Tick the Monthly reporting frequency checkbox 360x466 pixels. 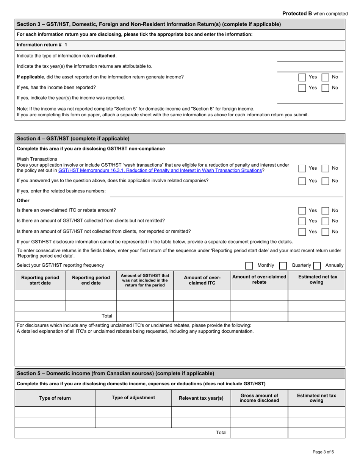click(x=249, y=266)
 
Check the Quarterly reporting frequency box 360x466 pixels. click(x=283, y=266)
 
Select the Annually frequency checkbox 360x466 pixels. click(x=317, y=266)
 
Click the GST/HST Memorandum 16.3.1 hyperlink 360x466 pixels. click(x=160, y=170)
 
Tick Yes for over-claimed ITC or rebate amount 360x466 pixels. click(x=302, y=211)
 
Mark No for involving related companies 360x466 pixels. click(x=325, y=181)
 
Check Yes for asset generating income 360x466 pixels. click(x=302, y=77)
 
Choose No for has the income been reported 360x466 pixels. click(x=325, y=88)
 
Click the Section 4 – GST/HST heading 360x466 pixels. click(x=73, y=139)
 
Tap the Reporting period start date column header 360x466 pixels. click(x=40, y=280)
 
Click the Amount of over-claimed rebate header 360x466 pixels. click(x=259, y=280)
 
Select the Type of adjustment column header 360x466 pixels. click(x=133, y=398)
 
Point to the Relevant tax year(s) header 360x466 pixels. click(x=201, y=398)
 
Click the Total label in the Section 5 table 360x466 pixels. click(x=221, y=433)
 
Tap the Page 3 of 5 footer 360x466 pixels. click(x=323, y=452)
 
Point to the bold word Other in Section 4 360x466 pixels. click(x=23, y=200)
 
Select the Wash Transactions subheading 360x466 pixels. click(x=37, y=159)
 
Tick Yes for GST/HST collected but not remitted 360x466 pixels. click(x=302, y=221)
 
